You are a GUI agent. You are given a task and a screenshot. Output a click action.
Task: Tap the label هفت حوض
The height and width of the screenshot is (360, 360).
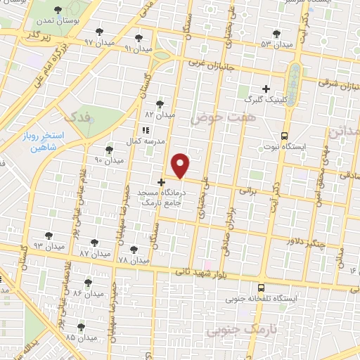pos(214,120)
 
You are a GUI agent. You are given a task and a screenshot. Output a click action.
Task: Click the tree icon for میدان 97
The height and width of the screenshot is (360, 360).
pos(98,31)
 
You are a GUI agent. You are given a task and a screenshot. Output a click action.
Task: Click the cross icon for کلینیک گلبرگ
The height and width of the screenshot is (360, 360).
pos(266,89)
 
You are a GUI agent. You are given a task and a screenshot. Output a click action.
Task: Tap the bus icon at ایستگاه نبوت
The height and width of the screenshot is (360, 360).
pos(284,135)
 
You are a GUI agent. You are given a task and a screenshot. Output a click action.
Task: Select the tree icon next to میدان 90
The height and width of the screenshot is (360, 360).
pos(109,149)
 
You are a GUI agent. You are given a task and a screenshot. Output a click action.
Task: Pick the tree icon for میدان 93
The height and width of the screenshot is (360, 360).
pos(49,236)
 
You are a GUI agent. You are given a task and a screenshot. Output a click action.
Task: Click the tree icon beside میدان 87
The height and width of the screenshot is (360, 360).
pos(94,242)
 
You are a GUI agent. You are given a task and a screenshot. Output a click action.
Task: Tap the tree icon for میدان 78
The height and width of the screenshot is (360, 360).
pos(134,250)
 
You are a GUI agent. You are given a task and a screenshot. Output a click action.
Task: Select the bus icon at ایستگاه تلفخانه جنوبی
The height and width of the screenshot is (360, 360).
pos(261,288)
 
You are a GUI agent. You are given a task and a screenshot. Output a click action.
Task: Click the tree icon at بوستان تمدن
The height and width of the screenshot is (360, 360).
pos(57,10)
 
